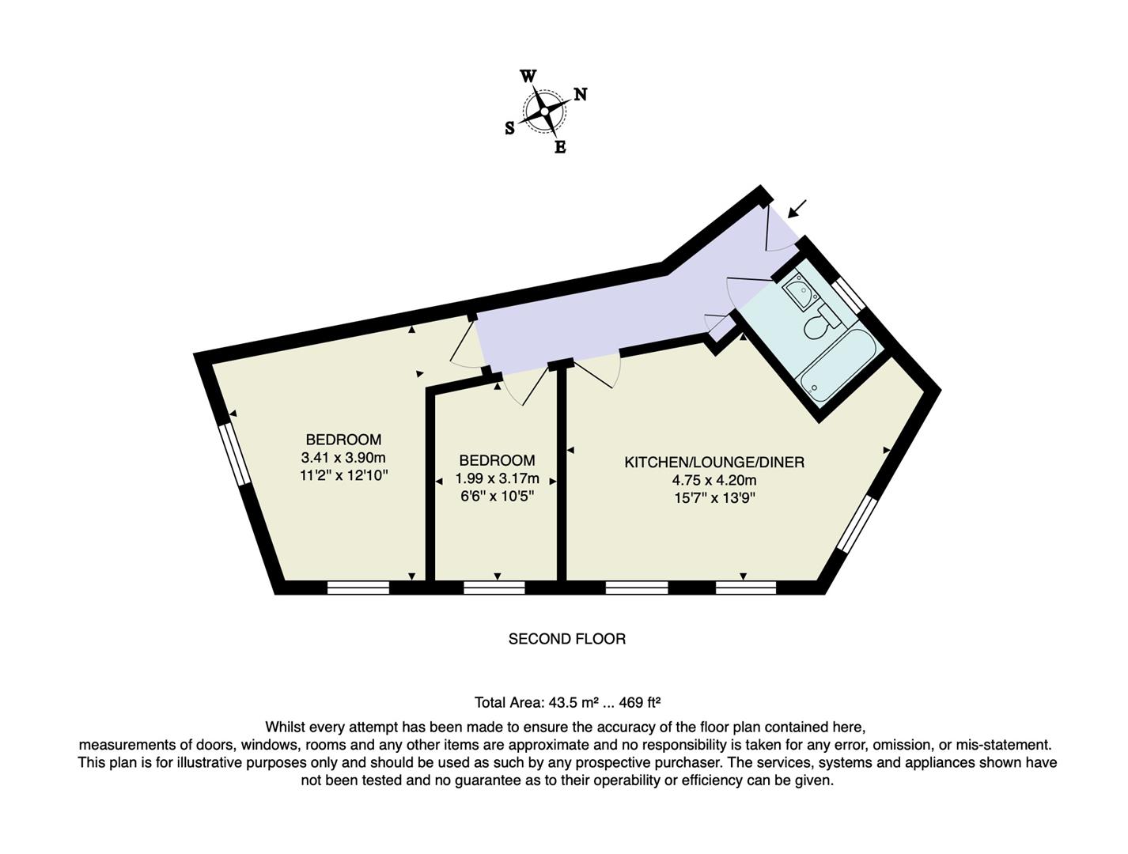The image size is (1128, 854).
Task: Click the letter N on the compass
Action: (580, 94)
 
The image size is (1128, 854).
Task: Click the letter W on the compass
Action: (528, 76)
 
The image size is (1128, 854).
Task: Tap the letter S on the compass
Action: (509, 128)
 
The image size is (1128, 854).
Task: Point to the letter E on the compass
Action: (560, 147)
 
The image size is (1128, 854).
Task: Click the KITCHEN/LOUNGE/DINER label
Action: (714, 463)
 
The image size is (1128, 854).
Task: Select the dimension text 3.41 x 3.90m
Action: (343, 458)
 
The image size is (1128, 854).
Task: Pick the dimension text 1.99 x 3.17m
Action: (497, 478)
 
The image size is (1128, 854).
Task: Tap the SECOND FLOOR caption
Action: (566, 639)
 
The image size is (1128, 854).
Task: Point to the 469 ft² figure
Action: (639, 702)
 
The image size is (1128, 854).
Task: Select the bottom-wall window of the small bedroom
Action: (494, 587)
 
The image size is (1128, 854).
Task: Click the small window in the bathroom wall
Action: (850, 293)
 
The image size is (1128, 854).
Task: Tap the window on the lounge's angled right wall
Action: (857, 523)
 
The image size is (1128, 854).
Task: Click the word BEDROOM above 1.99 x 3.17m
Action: (497, 460)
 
